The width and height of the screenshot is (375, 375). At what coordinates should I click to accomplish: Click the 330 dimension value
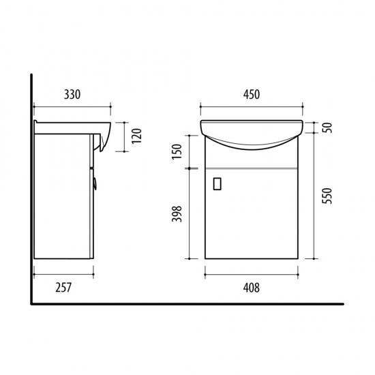tap(72, 95)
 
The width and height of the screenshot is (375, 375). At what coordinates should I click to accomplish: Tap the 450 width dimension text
tap(252, 95)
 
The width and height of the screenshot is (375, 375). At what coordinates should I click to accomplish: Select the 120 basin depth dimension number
tap(137, 136)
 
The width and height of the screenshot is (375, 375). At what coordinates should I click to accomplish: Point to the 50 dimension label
tap(327, 127)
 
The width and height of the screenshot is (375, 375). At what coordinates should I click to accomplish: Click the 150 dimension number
tap(177, 151)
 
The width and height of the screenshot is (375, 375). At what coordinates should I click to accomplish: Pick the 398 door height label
tap(177, 214)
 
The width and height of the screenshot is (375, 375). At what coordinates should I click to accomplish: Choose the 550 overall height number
tap(327, 196)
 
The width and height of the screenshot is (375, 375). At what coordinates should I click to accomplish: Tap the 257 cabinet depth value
tap(63, 288)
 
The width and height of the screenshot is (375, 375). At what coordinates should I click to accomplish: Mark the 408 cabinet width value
tap(252, 288)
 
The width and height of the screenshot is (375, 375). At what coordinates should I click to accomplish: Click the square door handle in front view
tap(217, 184)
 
